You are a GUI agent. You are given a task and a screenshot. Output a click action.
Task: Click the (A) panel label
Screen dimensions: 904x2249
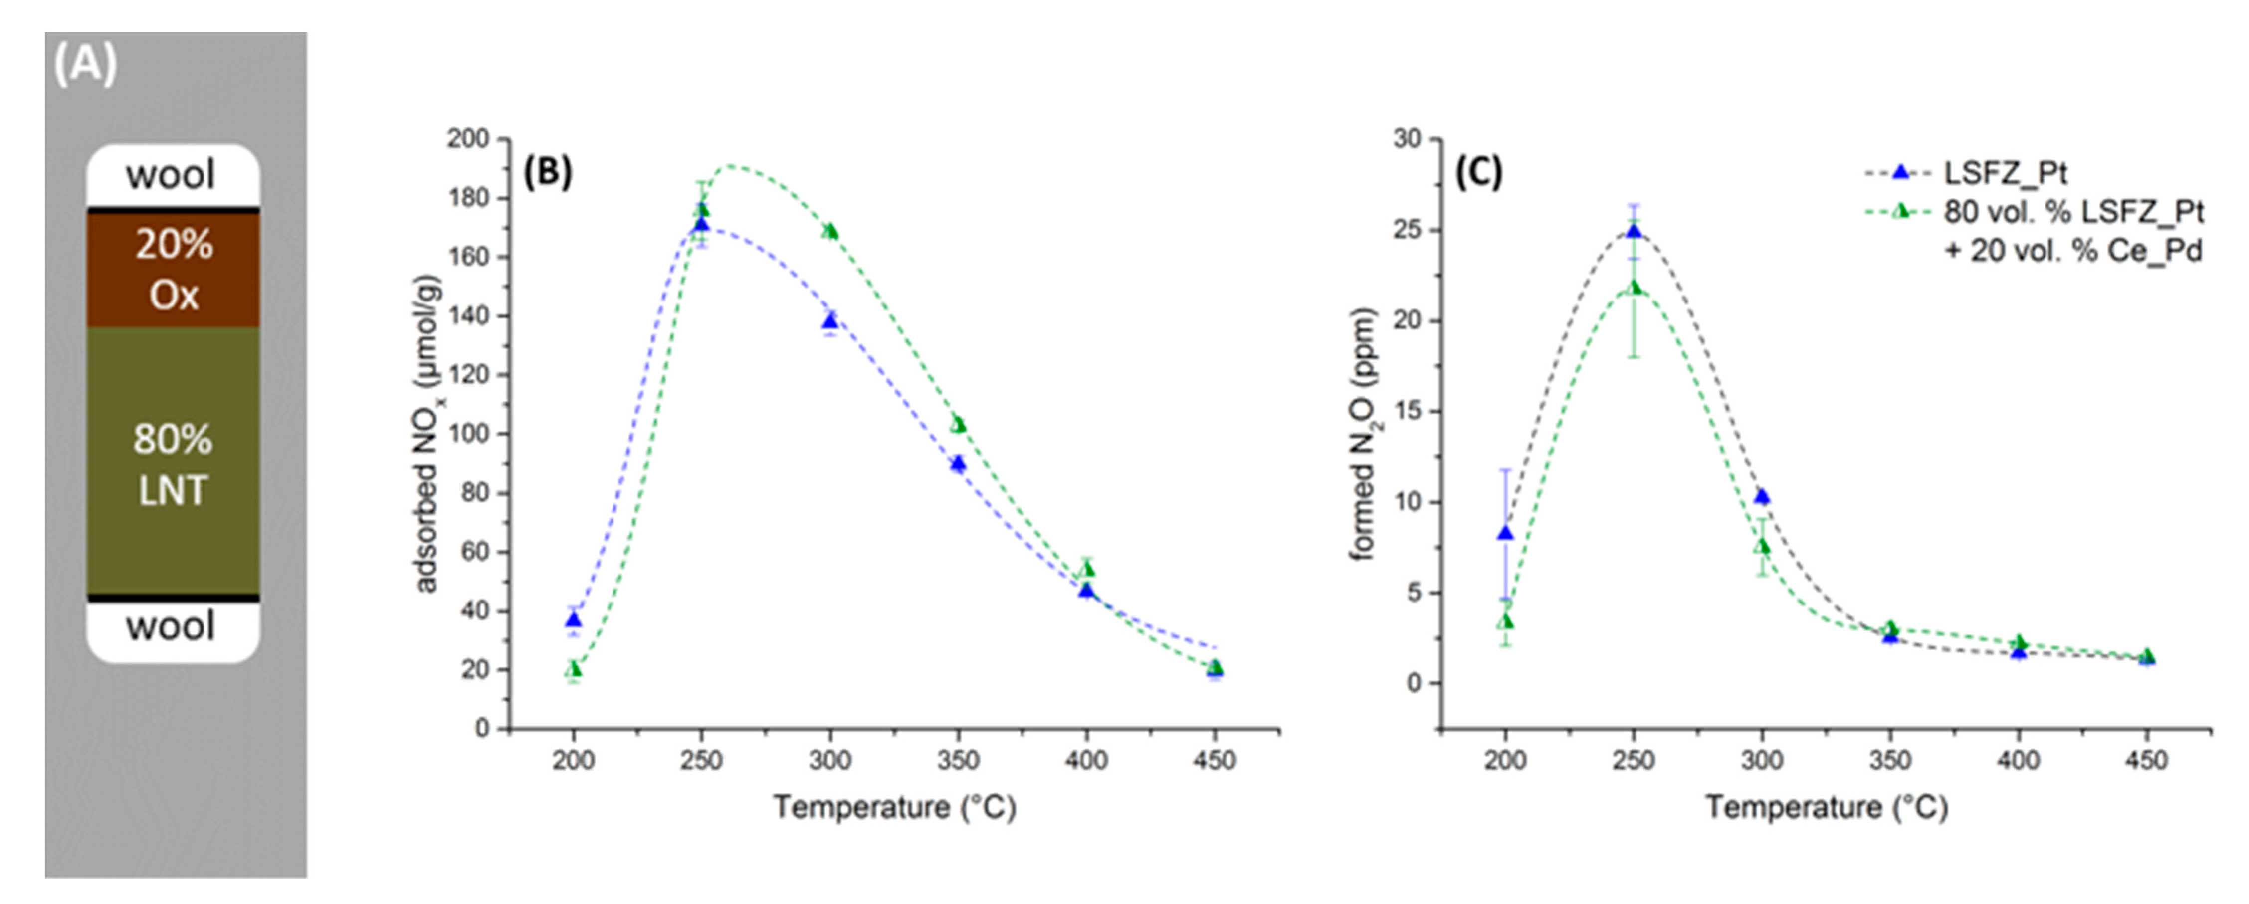pos(85,64)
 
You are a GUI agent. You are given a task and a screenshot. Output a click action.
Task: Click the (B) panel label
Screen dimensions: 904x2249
pos(547,172)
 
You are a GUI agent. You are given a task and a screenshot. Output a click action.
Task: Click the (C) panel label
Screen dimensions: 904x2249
pos(1478,172)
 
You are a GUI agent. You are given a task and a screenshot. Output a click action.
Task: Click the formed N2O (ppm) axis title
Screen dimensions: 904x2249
pos(1363,434)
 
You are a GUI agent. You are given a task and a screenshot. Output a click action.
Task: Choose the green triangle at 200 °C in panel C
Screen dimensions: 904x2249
pos(1505,622)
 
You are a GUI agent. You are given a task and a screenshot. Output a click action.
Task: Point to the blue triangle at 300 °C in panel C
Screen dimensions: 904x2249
pos(1762,496)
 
